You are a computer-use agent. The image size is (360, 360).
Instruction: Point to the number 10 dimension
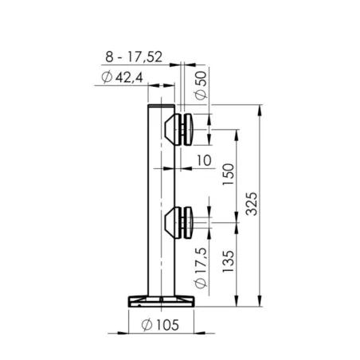[203, 160]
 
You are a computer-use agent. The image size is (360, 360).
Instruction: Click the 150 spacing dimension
[229, 173]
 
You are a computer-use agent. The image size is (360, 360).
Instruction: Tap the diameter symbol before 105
[146, 324]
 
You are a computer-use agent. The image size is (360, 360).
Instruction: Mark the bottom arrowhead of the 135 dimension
[237, 302]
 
